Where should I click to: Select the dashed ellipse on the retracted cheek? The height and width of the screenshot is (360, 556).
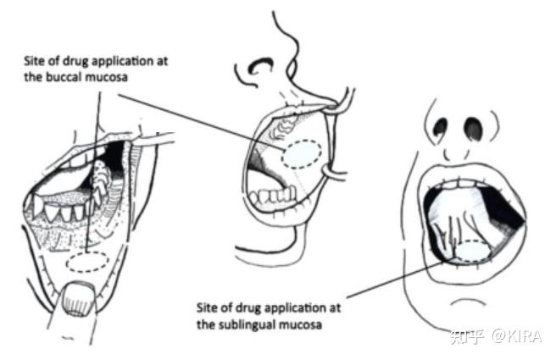303,153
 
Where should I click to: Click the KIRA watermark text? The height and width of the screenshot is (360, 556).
520,336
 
